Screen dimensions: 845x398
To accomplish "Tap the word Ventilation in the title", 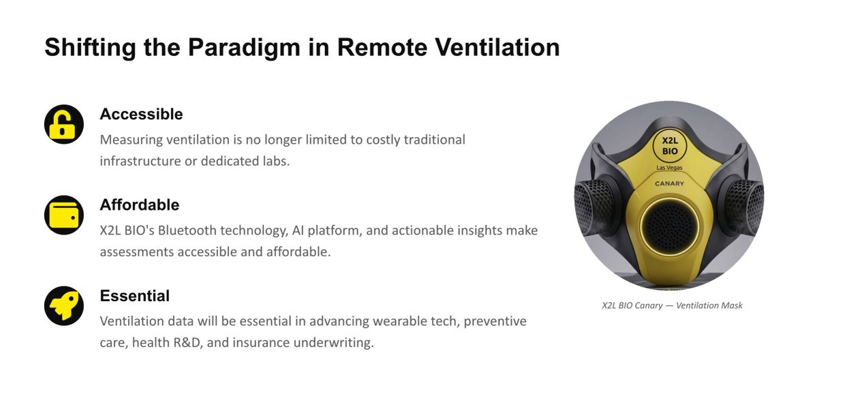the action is click(x=497, y=47).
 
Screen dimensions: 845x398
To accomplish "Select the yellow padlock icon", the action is click(x=64, y=124).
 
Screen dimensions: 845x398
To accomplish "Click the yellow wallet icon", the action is click(x=64, y=215).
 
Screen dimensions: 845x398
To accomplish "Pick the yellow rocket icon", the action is click(x=64, y=306).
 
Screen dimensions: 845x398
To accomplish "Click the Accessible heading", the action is click(x=141, y=114).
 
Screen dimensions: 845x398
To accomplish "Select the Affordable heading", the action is click(x=140, y=205).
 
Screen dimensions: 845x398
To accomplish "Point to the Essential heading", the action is click(x=135, y=296).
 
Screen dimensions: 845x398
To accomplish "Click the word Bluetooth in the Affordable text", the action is click(x=187, y=230).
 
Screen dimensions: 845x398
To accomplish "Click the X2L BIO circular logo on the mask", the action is click(x=670, y=146).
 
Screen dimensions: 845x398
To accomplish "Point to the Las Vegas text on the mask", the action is click(x=669, y=168).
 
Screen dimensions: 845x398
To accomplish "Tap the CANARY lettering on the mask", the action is click(x=669, y=184).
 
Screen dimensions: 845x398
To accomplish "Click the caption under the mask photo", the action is click(x=672, y=305).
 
